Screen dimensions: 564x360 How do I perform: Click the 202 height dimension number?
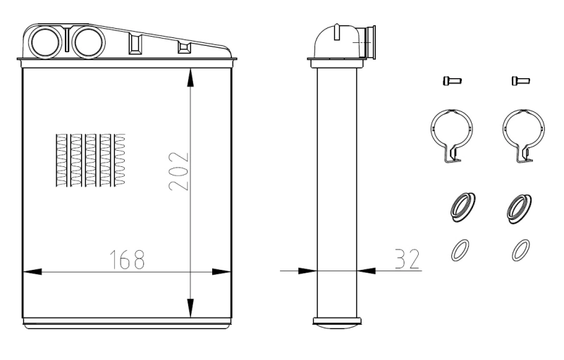(x=178, y=171)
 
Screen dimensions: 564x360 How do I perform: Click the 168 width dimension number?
(x=127, y=259)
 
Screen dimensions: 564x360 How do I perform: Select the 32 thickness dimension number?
(x=407, y=259)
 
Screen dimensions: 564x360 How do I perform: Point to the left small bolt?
(x=452, y=81)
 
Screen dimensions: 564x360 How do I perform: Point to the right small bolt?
(x=520, y=81)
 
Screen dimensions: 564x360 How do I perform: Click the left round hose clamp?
(x=431, y=130)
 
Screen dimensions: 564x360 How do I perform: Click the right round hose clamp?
(x=503, y=130)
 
